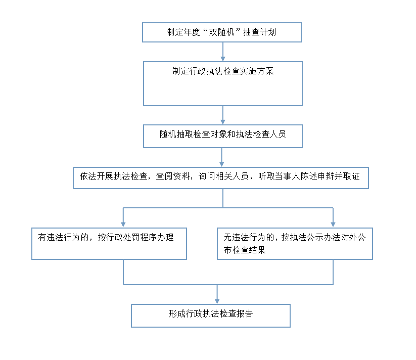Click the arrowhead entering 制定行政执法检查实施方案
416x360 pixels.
[x=223, y=59]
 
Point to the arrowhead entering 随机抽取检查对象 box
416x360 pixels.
[x=223, y=122]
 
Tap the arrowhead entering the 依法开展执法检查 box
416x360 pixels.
[x=222, y=164]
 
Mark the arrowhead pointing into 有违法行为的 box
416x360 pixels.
[x=123, y=225]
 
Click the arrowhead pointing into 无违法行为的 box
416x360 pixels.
[x=333, y=225]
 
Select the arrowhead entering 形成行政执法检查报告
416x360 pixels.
[x=217, y=301]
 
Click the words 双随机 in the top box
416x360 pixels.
[x=221, y=32]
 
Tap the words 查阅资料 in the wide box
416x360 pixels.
[x=173, y=176]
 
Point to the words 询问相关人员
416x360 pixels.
[x=223, y=176]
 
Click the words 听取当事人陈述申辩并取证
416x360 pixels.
[x=309, y=176]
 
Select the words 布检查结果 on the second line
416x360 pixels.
[x=245, y=250]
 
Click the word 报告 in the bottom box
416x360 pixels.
[x=245, y=313]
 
